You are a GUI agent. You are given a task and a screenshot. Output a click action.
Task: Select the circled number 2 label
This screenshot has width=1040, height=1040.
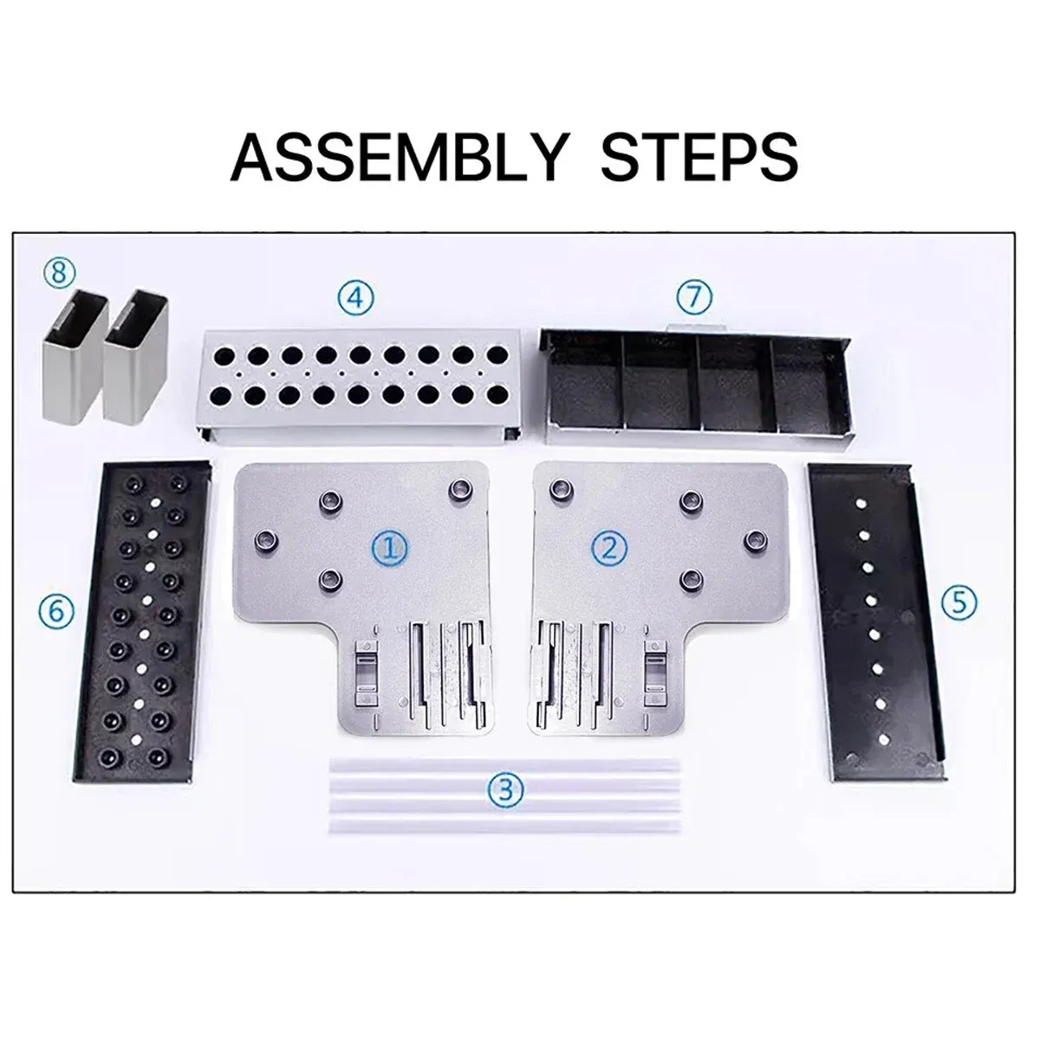[610, 549]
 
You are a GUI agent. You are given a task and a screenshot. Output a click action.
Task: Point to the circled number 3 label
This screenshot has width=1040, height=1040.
[505, 790]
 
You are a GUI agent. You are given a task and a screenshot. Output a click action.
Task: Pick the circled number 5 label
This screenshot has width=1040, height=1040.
[959, 601]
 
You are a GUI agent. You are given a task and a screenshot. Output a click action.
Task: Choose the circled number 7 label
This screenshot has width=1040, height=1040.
[694, 296]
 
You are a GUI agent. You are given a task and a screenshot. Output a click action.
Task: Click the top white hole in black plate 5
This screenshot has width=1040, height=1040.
[860, 502]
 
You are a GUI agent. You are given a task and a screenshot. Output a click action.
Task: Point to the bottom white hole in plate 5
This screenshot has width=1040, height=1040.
[883, 738]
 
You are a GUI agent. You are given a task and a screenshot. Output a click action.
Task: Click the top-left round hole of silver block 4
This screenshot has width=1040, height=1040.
[224, 355]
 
